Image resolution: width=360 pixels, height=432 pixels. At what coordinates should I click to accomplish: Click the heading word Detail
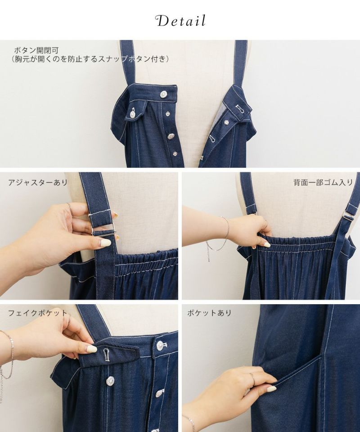tap(181, 21)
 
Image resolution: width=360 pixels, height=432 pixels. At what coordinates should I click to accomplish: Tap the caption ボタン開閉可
tap(36, 50)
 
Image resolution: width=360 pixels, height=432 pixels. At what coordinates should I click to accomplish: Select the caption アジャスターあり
tap(38, 182)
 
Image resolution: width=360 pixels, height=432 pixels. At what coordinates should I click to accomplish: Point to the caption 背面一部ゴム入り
tap(323, 182)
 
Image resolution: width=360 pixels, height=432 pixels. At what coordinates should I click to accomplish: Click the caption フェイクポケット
tap(37, 313)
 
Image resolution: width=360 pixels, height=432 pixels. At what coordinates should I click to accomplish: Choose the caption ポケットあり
tap(209, 313)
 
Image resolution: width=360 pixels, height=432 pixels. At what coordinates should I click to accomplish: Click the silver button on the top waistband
tap(164, 94)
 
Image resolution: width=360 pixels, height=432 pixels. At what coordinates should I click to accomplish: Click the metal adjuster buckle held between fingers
tap(103, 229)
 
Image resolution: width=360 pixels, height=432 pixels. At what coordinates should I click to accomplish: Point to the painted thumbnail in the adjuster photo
tap(105, 243)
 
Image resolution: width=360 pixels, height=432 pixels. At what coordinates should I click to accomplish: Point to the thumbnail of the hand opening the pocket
tap(272, 389)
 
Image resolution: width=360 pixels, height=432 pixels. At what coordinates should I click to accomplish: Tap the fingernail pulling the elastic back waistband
tap(266, 244)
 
